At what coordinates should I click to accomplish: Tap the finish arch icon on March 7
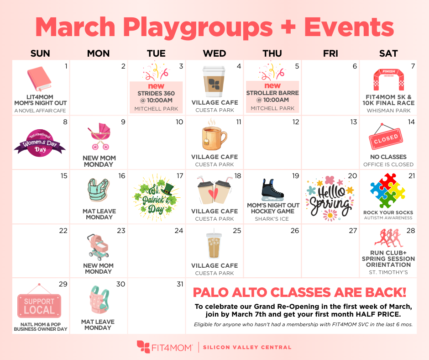pyautogui.click(x=388, y=80)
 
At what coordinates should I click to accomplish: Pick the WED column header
pyautogui.click(x=214, y=53)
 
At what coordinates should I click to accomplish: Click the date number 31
pyautogui.click(x=179, y=284)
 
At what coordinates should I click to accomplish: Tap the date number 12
pyautogui.click(x=295, y=122)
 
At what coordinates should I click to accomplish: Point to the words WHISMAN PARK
pyautogui.click(x=388, y=111)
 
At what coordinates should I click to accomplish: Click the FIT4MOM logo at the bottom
pyautogui.click(x=165, y=347)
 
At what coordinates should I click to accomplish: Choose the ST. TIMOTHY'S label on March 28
pyautogui.click(x=388, y=273)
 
